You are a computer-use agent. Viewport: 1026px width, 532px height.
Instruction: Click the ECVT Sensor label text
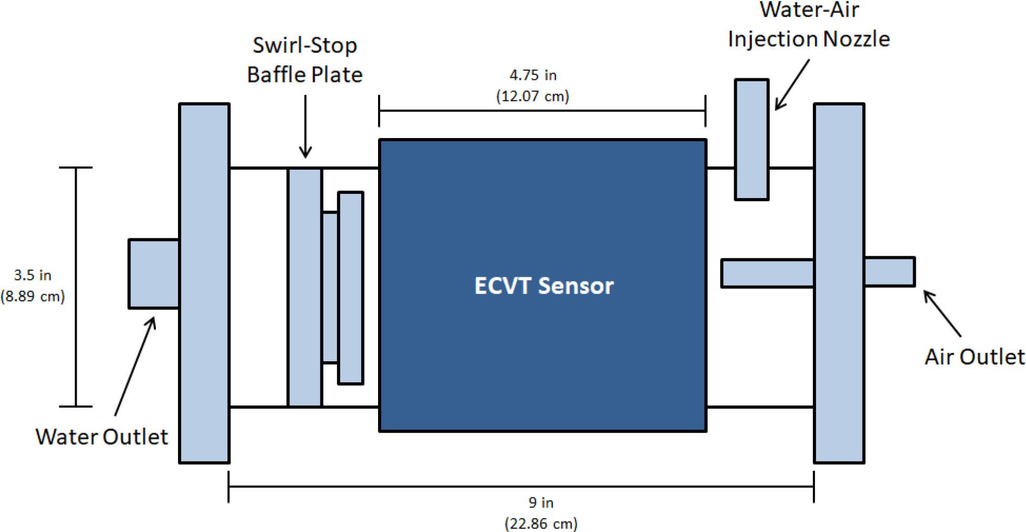pos(543,286)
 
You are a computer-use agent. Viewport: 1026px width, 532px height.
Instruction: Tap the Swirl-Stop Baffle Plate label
pos(305,60)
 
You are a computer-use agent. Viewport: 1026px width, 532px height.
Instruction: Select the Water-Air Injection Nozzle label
pos(809,25)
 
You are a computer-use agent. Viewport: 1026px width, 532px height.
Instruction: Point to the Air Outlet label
pos(974,357)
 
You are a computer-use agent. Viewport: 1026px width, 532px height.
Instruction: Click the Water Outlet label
pos(101,436)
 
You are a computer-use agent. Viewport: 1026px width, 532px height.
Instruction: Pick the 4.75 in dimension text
pos(532,75)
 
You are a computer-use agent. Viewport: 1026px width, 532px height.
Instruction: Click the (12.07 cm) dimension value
pos(532,96)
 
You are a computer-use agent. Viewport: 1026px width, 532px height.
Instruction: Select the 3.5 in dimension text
pos(33,275)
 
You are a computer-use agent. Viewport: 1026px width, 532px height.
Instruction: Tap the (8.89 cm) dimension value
pos(33,296)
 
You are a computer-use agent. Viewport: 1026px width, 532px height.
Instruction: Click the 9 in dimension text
pos(541,503)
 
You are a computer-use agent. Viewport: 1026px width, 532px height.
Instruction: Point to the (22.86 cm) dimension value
pos(541,524)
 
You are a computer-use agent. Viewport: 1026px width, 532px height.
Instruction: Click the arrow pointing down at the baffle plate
pos(305,126)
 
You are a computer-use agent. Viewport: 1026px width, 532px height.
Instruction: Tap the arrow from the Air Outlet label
pos(942,313)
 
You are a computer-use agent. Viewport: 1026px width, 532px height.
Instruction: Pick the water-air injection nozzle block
pos(751,140)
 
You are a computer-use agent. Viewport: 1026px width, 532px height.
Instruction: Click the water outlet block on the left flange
pos(154,274)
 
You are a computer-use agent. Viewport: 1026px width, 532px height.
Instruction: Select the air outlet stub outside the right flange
pos(889,272)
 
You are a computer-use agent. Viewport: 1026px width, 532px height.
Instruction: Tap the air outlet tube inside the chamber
pos(767,273)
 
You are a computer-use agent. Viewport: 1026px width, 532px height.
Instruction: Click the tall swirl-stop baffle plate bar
pos(305,287)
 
